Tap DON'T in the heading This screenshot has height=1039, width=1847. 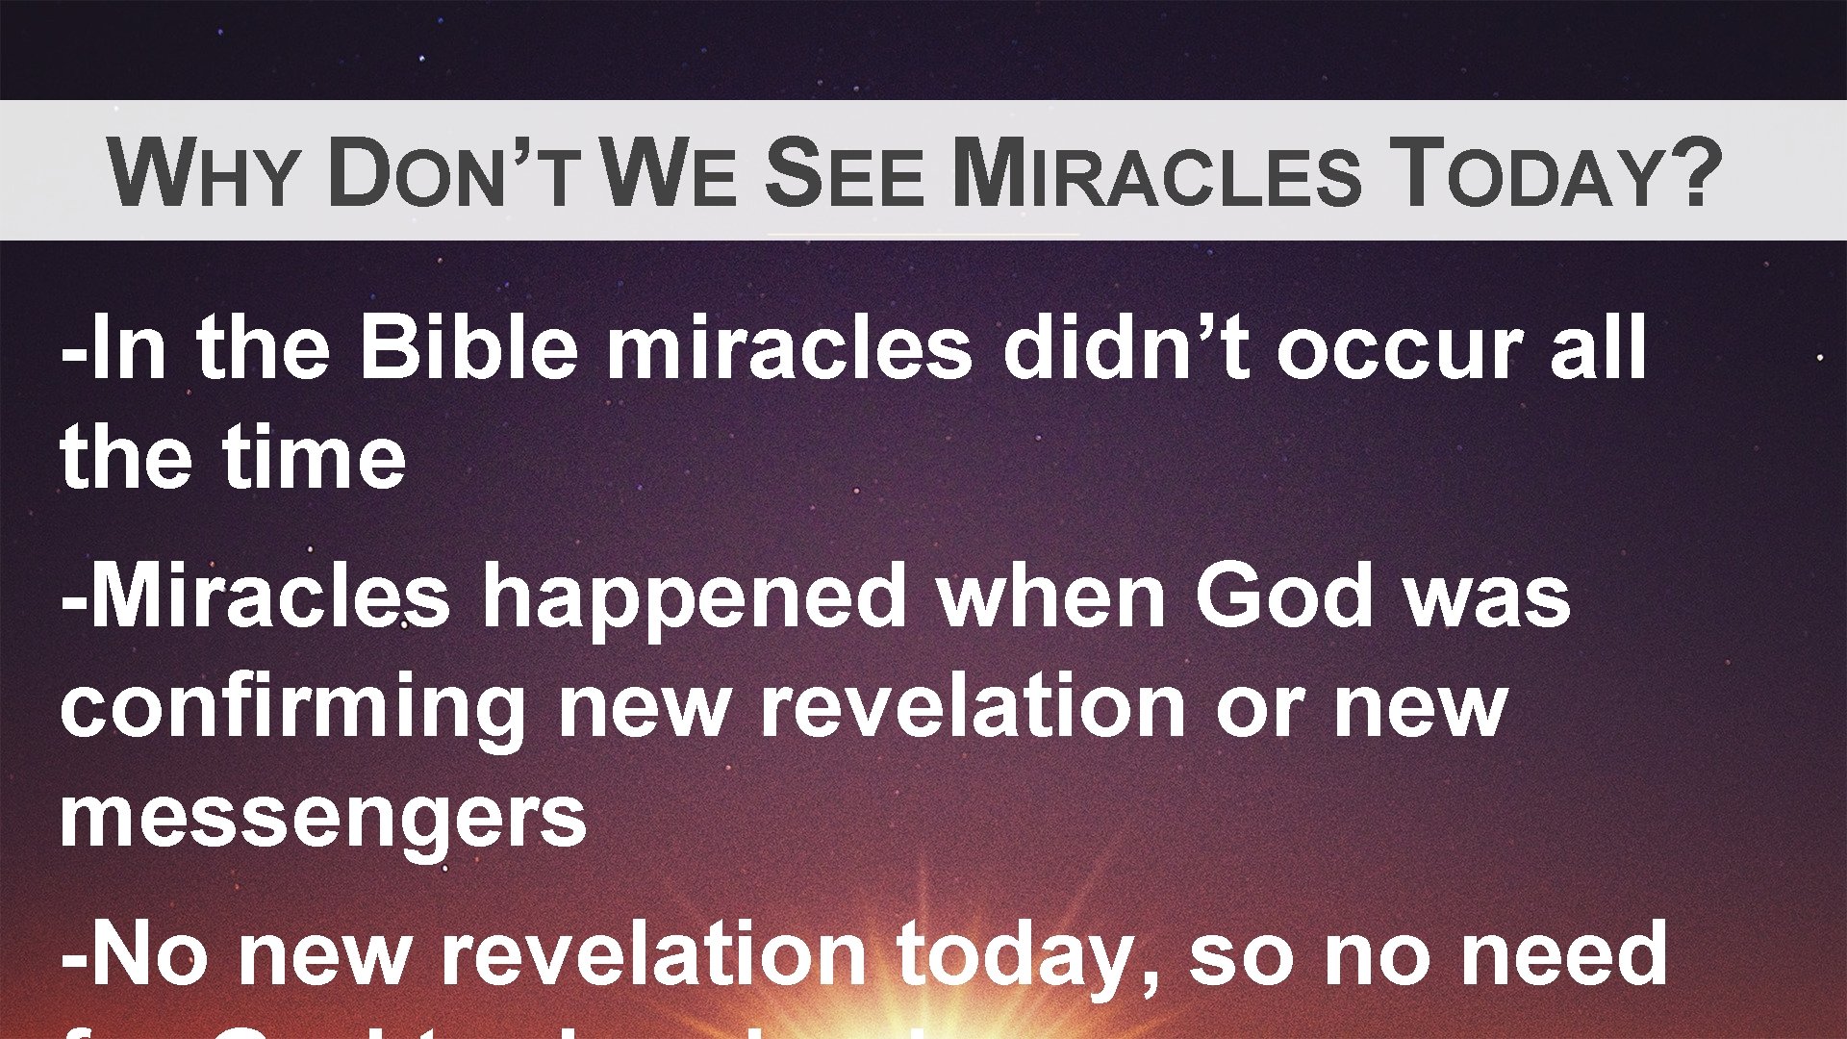pos(452,173)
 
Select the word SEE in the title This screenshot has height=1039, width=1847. pos(845,173)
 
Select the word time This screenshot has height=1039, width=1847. pos(315,456)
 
